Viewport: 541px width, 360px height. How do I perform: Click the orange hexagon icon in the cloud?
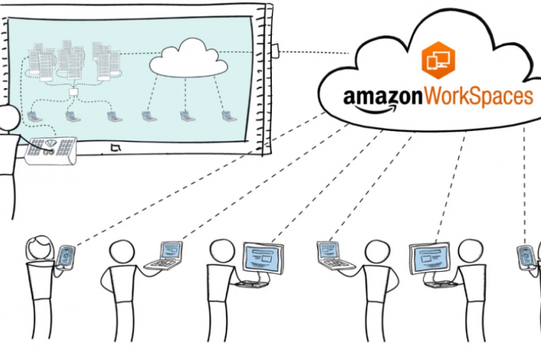tap(438, 58)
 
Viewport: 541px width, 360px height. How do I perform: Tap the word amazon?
tap(383, 97)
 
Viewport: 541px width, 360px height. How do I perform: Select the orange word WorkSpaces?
tap(479, 97)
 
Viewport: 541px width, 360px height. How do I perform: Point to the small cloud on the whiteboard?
tap(189, 58)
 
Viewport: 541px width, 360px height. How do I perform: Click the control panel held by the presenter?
tap(51, 149)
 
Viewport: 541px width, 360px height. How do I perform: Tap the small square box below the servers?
tap(73, 93)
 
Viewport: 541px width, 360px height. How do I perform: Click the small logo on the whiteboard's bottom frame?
tap(116, 149)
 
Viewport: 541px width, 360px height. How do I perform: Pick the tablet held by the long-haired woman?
tap(66, 254)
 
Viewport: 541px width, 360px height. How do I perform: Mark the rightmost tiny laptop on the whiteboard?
tap(227, 117)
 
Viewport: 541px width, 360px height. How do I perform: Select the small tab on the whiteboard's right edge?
tap(276, 51)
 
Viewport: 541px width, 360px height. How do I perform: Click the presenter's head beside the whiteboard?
tap(8, 118)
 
